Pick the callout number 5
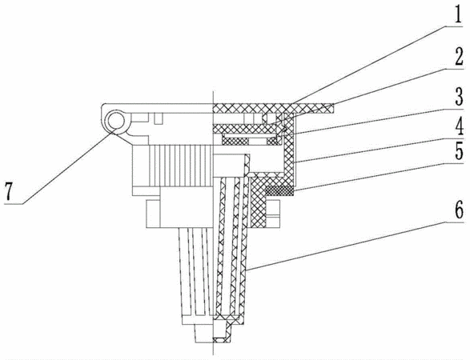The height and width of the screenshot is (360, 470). click(458, 152)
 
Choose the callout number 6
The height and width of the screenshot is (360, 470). click(458, 210)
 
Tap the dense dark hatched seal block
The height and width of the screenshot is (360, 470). click(279, 190)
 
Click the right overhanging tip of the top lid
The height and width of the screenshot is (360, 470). click(333, 108)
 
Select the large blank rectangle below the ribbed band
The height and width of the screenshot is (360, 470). click(187, 206)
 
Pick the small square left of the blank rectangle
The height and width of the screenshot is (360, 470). click(153, 214)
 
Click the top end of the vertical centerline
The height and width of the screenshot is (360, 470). click(213, 90)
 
